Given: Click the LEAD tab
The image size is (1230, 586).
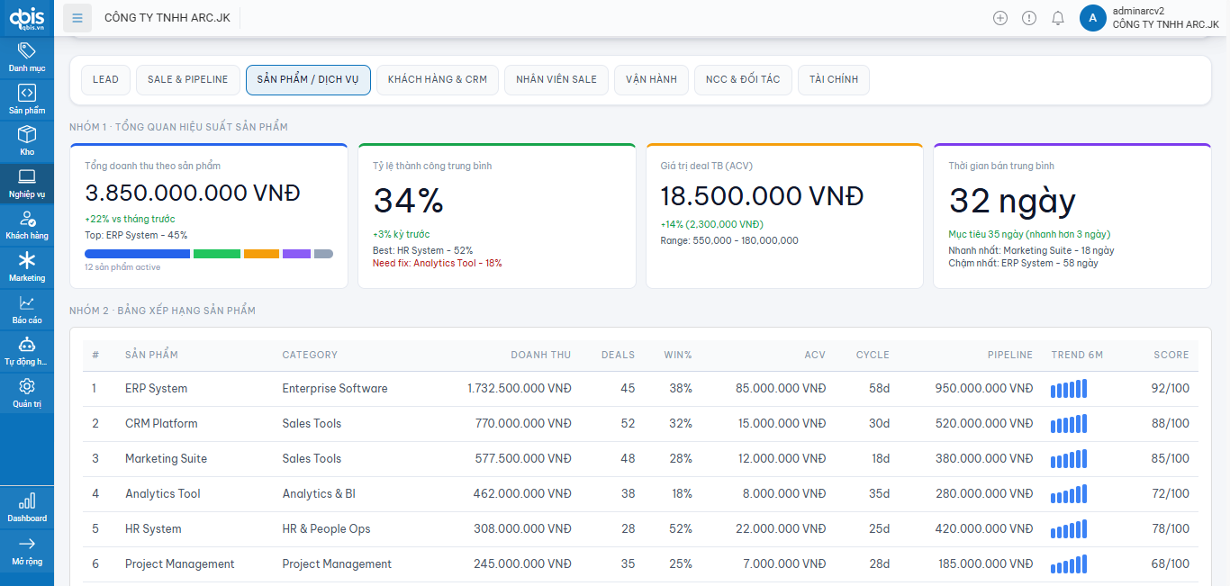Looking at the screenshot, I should pyautogui.click(x=105, y=79).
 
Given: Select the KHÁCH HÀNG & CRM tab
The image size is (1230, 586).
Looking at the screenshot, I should pyautogui.click(x=437, y=79).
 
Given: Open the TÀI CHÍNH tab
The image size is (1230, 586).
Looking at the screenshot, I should pyautogui.click(x=833, y=79).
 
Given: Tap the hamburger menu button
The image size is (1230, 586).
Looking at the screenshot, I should pyautogui.click(x=77, y=18).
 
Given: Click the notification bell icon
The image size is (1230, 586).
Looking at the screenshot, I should pyautogui.click(x=1058, y=18).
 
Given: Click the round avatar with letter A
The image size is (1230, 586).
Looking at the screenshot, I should pyautogui.click(x=1092, y=18).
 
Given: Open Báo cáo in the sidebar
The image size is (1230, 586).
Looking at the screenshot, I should pyautogui.click(x=27, y=310).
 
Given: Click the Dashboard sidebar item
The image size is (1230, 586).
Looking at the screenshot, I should pyautogui.click(x=27, y=507).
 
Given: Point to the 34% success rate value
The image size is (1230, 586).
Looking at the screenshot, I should pyautogui.click(x=409, y=201).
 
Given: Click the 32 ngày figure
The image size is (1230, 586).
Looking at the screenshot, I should pyautogui.click(x=1012, y=201).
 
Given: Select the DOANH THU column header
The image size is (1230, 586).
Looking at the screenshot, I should pyautogui.click(x=540, y=355).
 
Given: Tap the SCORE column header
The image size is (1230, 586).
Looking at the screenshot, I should pyautogui.click(x=1171, y=355).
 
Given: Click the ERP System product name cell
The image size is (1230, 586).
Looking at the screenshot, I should pyautogui.click(x=157, y=389).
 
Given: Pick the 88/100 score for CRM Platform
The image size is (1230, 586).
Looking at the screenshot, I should pyautogui.click(x=1171, y=424).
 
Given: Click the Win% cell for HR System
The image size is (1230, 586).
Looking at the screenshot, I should pyautogui.click(x=681, y=529).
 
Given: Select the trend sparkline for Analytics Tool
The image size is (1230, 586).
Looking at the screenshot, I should pyautogui.click(x=1069, y=494).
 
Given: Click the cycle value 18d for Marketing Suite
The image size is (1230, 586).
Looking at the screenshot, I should pyautogui.click(x=880, y=459).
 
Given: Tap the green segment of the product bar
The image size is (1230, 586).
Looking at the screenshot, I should pyautogui.click(x=217, y=254).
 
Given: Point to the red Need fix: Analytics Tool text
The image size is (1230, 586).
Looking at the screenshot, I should pyautogui.click(x=437, y=264).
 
